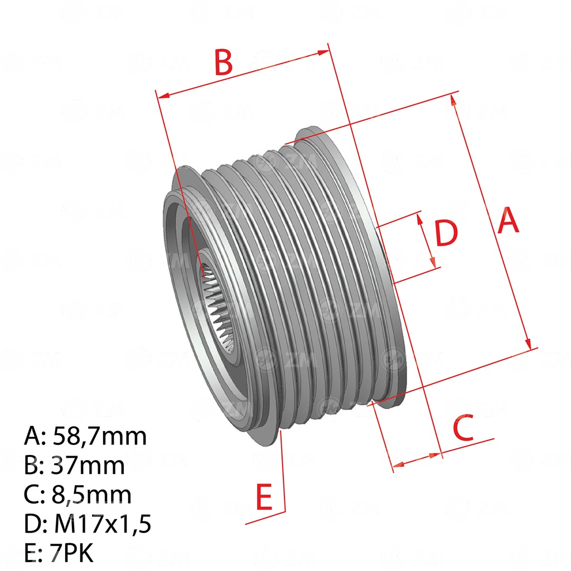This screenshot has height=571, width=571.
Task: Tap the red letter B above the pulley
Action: click(223, 62)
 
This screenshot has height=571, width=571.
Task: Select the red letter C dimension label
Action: click(463, 427)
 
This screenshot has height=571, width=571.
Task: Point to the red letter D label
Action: click(446, 233)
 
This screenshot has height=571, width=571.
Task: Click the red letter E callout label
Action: click(264, 496)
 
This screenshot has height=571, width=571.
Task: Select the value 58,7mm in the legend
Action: click(99, 436)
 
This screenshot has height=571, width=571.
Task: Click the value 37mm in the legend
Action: click(88, 465)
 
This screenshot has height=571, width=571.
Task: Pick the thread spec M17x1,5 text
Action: click(103, 524)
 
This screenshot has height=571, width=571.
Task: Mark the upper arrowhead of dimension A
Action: click(453, 100)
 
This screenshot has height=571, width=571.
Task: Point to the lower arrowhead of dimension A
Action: click(528, 343)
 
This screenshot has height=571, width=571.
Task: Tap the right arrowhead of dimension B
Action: click(323, 52)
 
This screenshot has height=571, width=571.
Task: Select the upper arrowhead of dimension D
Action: click(419, 219)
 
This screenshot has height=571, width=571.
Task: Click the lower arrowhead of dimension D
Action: click(433, 262)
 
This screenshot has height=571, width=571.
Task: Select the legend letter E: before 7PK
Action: click(33, 552)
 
